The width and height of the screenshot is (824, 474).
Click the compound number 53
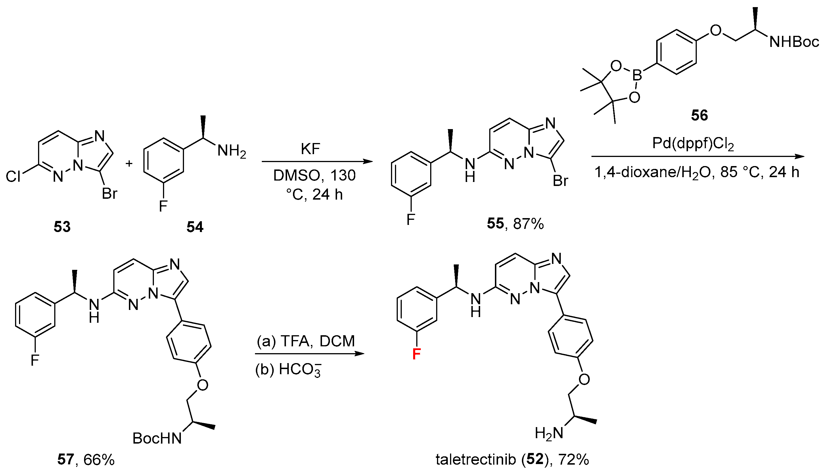62,227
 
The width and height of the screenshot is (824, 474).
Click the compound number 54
195,227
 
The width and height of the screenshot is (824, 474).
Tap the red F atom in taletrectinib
416,354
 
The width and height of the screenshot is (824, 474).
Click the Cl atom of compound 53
13,177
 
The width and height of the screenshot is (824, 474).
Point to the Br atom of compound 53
109,194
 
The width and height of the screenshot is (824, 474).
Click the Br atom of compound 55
561,181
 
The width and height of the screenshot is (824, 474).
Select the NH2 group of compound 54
231,151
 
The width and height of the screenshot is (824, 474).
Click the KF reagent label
310,149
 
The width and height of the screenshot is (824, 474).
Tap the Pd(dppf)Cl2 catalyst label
693,144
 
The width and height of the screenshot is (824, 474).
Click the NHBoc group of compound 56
794,42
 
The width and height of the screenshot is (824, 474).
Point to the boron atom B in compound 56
637,76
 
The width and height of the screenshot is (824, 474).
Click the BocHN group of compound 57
157,438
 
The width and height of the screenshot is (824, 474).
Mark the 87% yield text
528,224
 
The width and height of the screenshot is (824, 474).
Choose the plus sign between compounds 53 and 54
129,163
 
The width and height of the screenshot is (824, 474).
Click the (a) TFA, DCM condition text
306,341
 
